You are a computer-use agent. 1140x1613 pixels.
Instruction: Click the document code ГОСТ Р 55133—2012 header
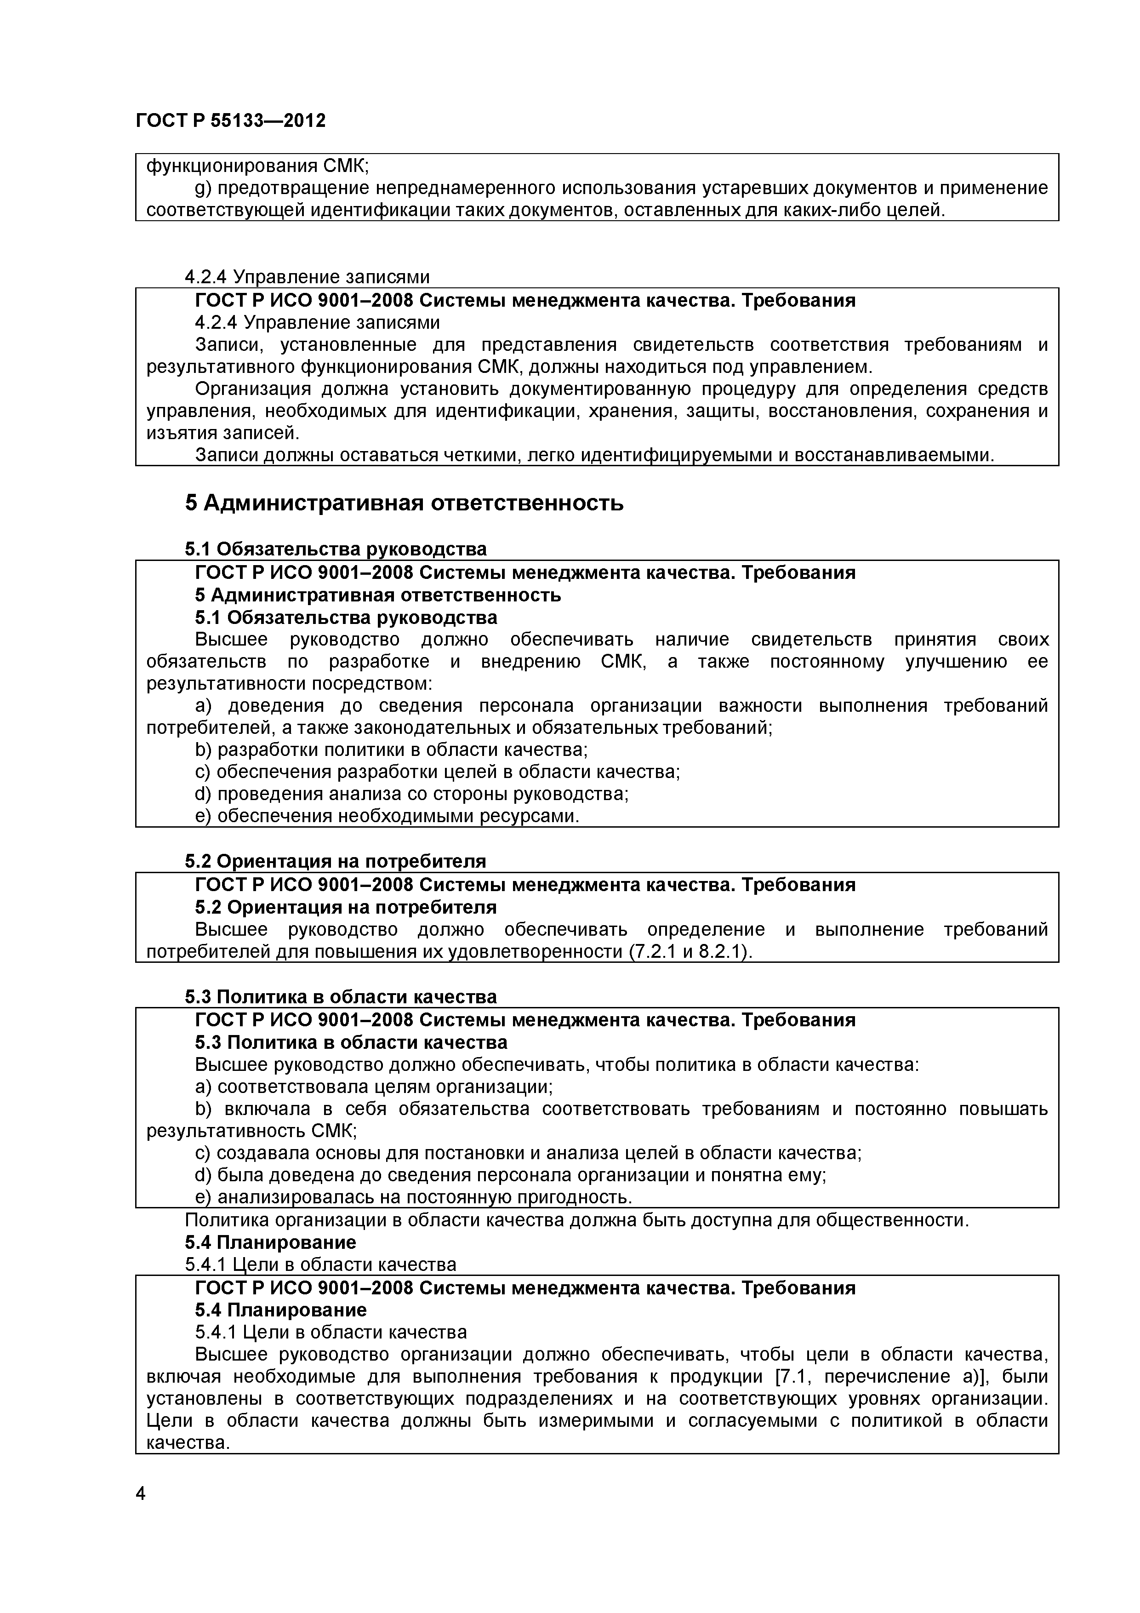(x=230, y=121)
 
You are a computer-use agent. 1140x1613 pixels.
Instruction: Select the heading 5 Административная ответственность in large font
(x=404, y=503)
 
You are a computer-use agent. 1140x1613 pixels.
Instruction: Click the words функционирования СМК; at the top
(x=257, y=166)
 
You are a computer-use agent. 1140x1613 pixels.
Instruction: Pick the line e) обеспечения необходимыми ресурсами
(x=387, y=816)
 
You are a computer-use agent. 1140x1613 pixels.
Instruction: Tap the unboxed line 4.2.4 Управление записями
(x=307, y=277)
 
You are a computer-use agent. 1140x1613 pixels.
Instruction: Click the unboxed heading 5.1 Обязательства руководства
(x=336, y=549)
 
